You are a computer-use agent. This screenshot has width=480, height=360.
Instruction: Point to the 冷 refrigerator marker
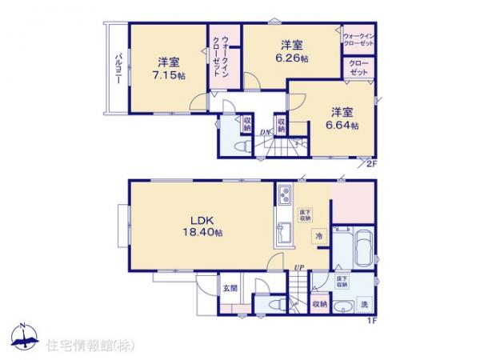pos(318,237)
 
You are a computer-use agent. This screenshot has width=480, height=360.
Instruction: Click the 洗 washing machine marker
pos(364,305)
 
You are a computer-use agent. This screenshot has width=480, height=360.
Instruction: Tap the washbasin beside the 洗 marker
pos(343,307)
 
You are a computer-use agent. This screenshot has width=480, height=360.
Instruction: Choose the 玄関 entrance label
pos(230,289)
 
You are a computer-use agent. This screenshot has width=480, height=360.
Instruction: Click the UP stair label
pos(298,266)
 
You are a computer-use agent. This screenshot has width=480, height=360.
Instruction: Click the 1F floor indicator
pos(371,321)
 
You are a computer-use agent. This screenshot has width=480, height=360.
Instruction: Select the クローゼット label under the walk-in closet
pos(358,70)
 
